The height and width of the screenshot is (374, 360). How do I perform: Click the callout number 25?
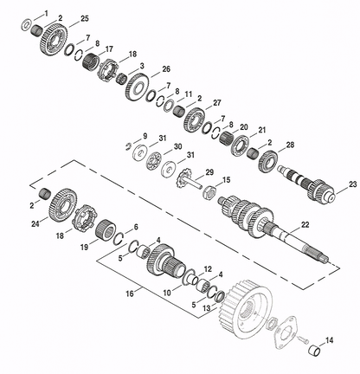[85, 19]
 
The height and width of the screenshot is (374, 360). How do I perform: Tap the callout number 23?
[353, 184]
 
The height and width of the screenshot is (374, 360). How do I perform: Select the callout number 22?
[305, 224]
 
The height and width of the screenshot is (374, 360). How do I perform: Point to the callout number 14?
[329, 340]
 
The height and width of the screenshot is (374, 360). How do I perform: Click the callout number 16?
[130, 293]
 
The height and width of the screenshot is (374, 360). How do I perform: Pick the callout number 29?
[209, 172]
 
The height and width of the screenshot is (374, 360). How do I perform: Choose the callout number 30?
[177, 146]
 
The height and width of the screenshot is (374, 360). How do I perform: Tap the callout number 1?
[46, 13]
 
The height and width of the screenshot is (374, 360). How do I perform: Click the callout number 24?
[35, 223]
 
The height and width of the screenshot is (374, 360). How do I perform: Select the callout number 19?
[84, 247]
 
